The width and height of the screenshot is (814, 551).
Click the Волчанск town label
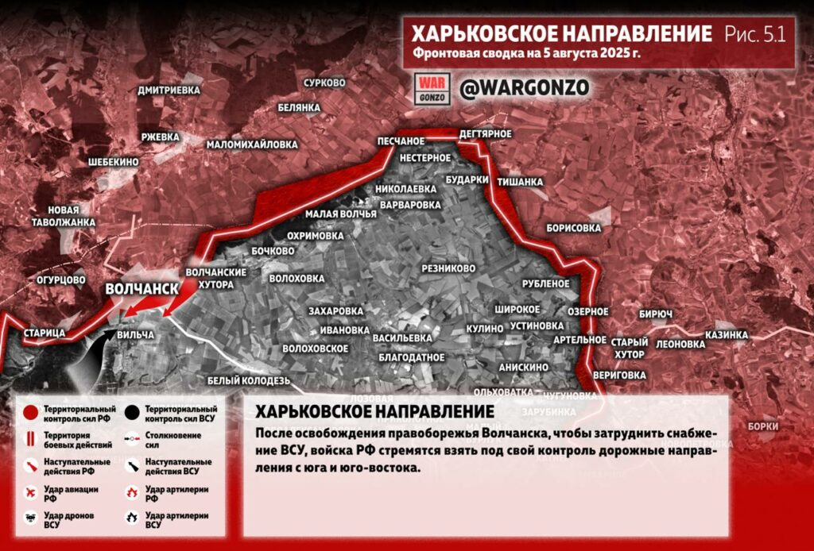coord(141,289)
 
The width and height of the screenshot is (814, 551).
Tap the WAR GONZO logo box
coord(433,88)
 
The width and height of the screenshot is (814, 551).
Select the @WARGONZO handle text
coord(525,88)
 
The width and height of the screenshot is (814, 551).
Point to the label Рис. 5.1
coord(754,34)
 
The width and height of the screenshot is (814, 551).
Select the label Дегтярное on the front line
coord(485,133)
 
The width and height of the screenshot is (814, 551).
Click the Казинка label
coord(726,335)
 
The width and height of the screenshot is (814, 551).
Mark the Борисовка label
coord(573,228)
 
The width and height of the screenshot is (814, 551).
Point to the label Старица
coord(45,333)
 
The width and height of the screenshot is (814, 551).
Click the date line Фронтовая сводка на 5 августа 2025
coord(526,54)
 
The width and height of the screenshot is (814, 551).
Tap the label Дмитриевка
coord(169,91)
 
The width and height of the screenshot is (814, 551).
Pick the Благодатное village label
coord(412,357)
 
